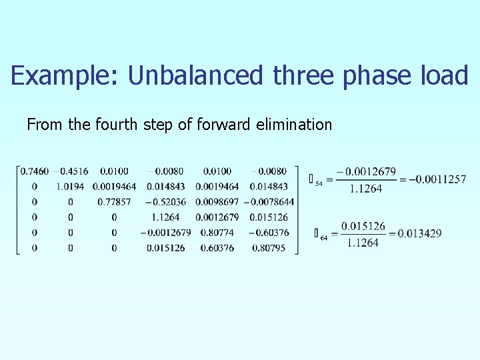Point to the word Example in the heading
click(61, 75)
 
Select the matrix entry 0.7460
click(35, 171)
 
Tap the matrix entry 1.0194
click(71, 187)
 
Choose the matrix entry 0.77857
click(114, 202)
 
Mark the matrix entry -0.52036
click(165, 202)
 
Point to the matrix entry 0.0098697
click(217, 202)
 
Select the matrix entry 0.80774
click(218, 233)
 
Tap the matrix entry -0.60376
click(269, 233)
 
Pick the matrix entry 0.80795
click(269, 248)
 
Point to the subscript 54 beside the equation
click(319, 183)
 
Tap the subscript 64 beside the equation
click(323, 237)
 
